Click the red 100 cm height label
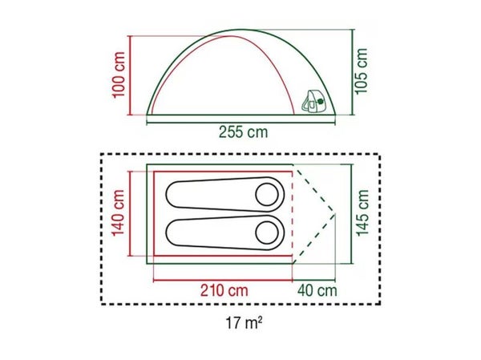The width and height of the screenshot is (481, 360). [119, 75]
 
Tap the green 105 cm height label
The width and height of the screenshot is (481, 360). [361, 71]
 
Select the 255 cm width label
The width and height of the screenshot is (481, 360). [243, 132]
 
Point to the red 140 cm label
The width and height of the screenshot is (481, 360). [119, 213]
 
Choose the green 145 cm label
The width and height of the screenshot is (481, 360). [362, 213]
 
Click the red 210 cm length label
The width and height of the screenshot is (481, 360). [224, 290]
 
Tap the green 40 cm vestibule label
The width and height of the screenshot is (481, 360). [317, 290]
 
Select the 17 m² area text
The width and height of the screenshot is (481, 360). [244, 322]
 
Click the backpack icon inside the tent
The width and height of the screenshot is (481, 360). [313, 100]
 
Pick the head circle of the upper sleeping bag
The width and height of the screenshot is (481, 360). [267, 195]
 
